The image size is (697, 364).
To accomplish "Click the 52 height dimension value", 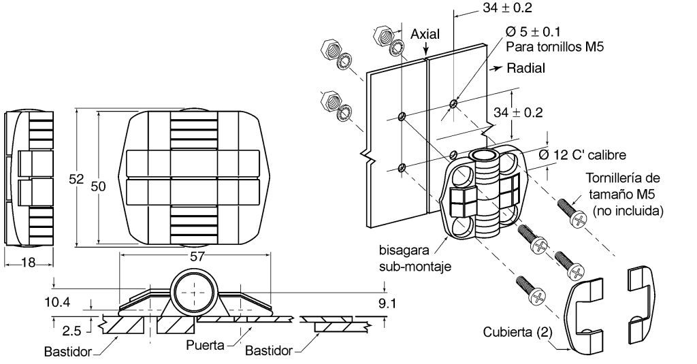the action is click(76, 179).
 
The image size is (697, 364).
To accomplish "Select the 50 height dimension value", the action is click(98, 186).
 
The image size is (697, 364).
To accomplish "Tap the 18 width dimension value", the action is click(28, 263).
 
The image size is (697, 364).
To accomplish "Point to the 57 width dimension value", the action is click(195, 257).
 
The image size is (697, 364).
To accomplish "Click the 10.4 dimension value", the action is click(57, 303).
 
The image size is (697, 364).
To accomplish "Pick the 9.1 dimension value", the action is click(387, 303).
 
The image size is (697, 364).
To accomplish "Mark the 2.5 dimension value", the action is click(71, 331).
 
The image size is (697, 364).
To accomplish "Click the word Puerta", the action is click(206, 345).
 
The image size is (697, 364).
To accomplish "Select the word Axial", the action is click(425, 34).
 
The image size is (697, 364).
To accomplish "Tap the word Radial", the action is click(526, 68).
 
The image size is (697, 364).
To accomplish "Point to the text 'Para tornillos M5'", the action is click(555, 47).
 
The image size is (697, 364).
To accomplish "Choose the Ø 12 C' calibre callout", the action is click(583, 154).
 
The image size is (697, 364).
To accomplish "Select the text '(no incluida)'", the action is click(628, 210).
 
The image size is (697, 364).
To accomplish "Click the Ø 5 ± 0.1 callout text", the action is click(533, 31).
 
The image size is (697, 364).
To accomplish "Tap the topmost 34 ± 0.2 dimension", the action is click(507, 7).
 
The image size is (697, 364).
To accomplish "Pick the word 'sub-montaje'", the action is click(415, 266).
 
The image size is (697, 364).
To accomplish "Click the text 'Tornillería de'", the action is click(623, 178).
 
